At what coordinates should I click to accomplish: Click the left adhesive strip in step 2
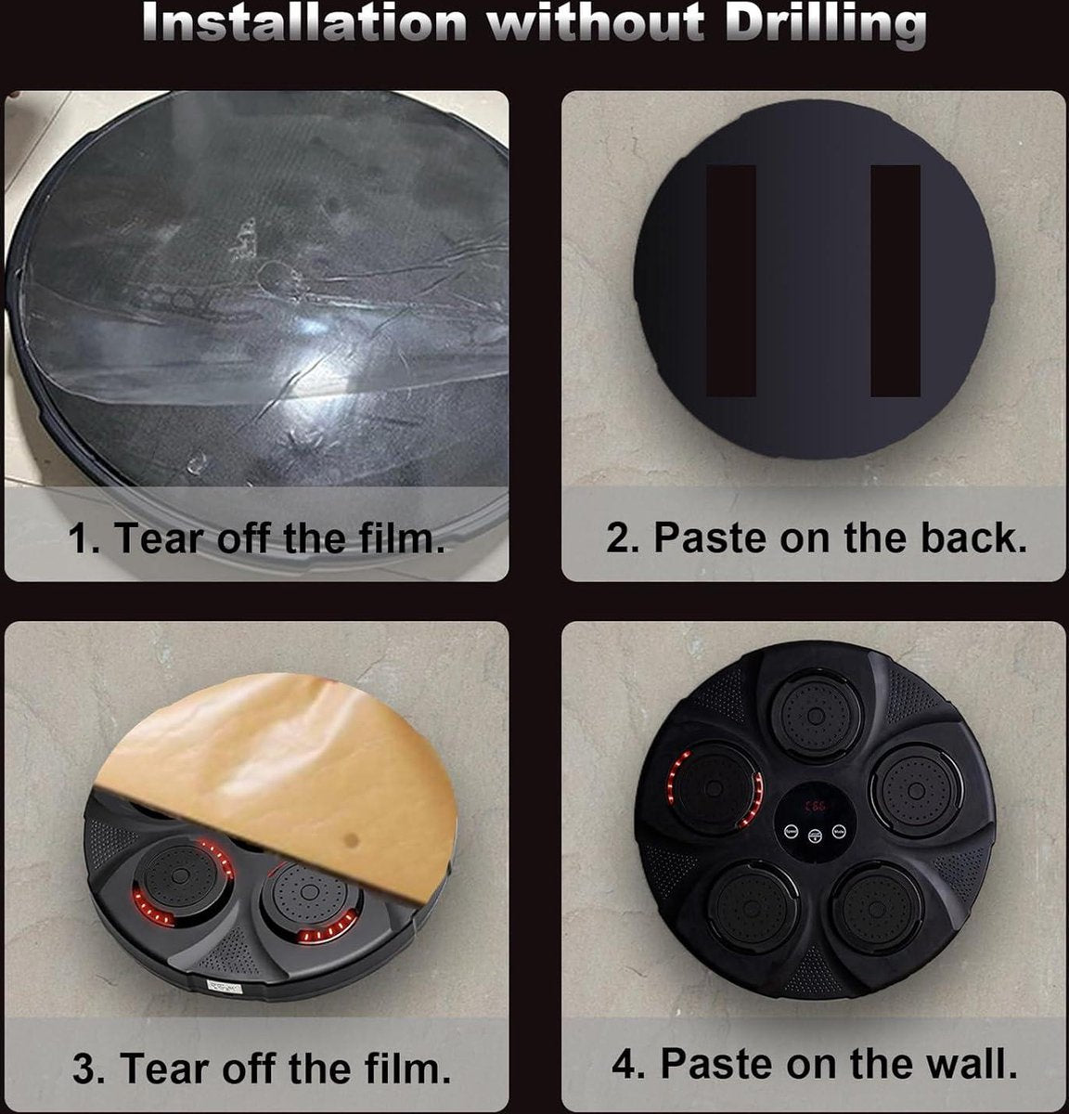pyautogui.click(x=731, y=280)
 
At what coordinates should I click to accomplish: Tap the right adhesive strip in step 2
pyautogui.click(x=895, y=280)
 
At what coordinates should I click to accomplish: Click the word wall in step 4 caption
pyautogui.click(x=972, y=1064)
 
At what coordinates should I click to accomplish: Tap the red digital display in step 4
pyautogui.click(x=816, y=807)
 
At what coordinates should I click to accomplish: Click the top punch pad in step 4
pyautogui.click(x=816, y=715)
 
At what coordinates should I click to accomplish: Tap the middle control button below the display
pyautogui.click(x=815, y=836)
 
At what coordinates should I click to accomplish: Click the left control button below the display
pyautogui.click(x=792, y=832)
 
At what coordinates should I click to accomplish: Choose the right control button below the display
pyautogui.click(x=839, y=832)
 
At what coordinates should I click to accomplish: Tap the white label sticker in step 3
pyautogui.click(x=225, y=986)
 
